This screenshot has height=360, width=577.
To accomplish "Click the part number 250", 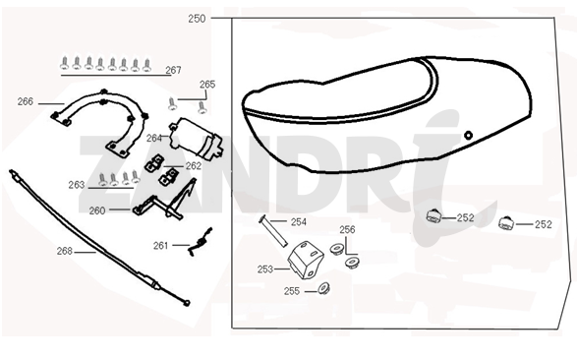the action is (x=197, y=19).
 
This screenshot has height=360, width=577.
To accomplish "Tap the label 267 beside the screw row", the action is (x=173, y=70).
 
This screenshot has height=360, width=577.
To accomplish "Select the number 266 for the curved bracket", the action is (x=26, y=101).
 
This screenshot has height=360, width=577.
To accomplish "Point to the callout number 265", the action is (x=207, y=85).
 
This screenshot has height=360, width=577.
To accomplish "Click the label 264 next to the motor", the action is (x=154, y=138).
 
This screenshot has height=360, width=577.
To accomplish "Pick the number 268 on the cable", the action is (x=65, y=251).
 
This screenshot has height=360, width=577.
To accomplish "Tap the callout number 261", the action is (x=161, y=246).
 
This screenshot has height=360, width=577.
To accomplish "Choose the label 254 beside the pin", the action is (x=299, y=222).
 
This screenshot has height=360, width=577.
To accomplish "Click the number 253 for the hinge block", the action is (x=265, y=270).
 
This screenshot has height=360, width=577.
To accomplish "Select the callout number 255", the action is (x=292, y=291).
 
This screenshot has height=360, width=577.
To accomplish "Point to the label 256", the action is (x=347, y=230).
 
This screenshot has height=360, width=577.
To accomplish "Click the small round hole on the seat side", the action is (x=468, y=135).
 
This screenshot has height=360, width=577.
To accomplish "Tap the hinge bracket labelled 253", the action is (x=305, y=260).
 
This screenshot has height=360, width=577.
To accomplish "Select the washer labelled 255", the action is (x=323, y=288).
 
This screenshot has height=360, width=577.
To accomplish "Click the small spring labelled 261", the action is (x=201, y=242).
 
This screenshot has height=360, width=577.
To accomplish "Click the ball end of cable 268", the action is (x=187, y=303).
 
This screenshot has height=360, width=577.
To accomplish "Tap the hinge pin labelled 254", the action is (x=272, y=231).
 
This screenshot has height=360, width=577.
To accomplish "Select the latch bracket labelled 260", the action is (x=165, y=201).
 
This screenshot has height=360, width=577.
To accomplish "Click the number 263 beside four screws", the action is (x=77, y=184).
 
